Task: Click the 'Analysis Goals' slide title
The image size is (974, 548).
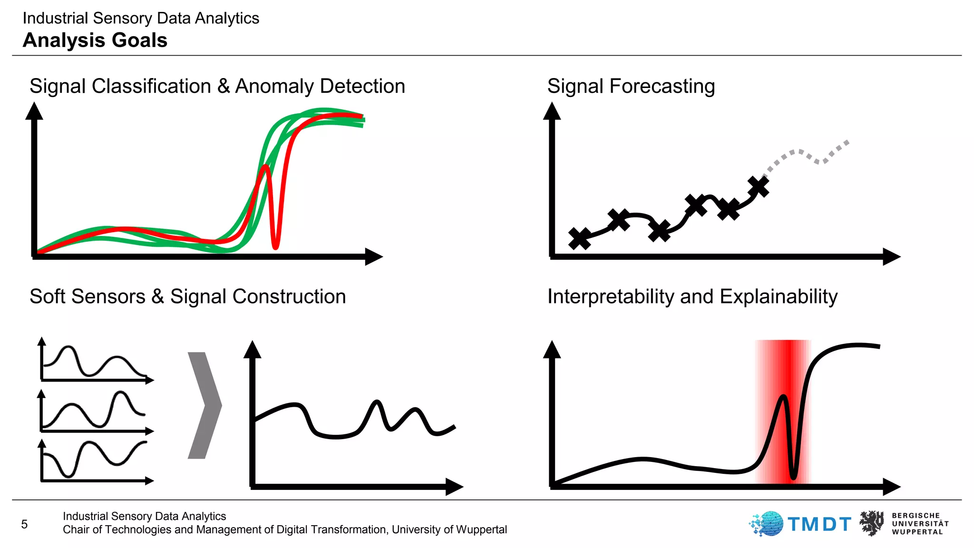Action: point(95,40)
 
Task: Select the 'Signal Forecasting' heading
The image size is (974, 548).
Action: point(631,87)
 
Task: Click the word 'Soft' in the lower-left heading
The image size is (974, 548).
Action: point(47,296)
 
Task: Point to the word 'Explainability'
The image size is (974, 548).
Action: point(778,296)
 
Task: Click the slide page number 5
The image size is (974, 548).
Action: point(25,524)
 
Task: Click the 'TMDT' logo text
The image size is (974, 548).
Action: point(819,524)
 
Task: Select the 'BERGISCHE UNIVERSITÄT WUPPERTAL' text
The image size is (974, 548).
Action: point(919,524)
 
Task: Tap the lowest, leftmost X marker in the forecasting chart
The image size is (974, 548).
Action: point(579,238)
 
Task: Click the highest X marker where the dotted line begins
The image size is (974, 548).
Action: point(758,186)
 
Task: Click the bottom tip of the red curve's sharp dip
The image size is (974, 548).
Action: point(275,246)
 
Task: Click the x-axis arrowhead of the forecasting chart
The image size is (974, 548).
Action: point(891,256)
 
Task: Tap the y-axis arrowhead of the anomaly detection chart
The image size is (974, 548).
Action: point(34,111)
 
